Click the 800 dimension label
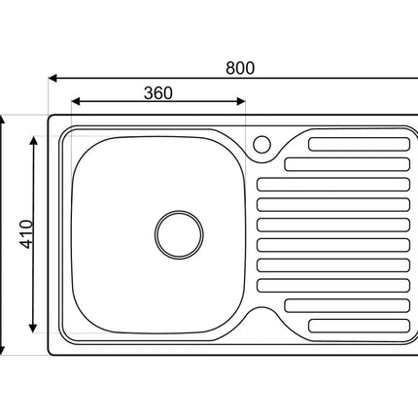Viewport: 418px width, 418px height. [x=240, y=68]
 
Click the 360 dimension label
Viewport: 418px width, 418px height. [x=158, y=93]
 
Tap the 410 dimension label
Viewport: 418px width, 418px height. [x=26, y=234]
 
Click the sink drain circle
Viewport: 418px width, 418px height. [x=179, y=234]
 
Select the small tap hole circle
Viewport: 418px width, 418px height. [x=261, y=144]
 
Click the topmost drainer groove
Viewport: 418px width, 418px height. [x=359, y=144]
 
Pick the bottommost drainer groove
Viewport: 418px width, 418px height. [x=359, y=326]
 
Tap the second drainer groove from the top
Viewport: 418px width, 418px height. [x=347, y=164]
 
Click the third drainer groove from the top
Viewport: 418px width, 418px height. [x=333, y=185]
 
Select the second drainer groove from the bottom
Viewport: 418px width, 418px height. [x=347, y=305]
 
